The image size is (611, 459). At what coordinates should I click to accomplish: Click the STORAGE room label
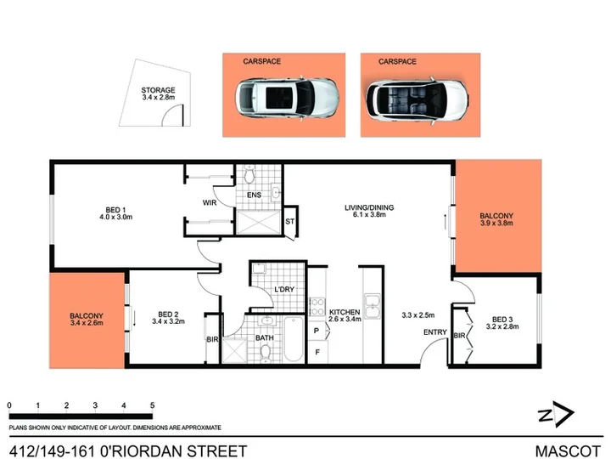pos(158,90)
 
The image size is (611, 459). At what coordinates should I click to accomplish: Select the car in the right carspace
pos(417,100)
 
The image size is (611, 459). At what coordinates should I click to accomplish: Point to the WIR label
pos(210,202)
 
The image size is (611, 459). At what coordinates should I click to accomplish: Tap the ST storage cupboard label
pos(289,222)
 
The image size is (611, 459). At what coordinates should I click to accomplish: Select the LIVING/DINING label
pos(369,207)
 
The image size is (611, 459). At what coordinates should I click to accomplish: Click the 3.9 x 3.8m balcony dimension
pos(496,224)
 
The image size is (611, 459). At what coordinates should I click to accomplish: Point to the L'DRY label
pos(284,289)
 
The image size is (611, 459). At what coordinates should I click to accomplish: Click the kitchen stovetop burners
pos(317,307)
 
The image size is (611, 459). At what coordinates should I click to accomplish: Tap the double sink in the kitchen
pos(373,306)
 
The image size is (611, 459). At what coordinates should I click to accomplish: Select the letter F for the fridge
pos(317,352)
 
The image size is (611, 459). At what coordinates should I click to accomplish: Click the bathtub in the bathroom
pos(294,339)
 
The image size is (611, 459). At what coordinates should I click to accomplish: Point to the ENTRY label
pos(434,332)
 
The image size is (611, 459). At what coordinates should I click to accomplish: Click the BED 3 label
pos(502,320)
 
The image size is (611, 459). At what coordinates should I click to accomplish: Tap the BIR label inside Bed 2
pos(212,339)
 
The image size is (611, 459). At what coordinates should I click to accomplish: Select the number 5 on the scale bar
pos(153,405)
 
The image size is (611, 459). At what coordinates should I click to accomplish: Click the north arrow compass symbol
pos(557,414)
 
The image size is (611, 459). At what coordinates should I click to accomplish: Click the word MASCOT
pos(568,451)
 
